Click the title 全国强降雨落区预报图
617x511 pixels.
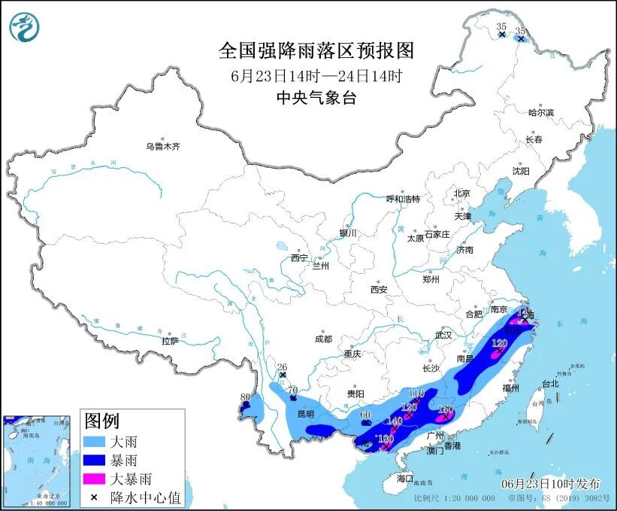[x=316, y=50]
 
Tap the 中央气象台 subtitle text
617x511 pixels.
[x=316, y=98]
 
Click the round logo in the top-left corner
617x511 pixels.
[x=24, y=27]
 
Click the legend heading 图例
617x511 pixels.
[x=101, y=420]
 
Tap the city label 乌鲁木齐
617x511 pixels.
[x=163, y=146]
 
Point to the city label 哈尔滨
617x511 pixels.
[x=540, y=112]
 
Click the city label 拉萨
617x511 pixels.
[x=170, y=341]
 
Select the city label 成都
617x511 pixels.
[x=323, y=339]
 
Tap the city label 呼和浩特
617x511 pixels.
[x=403, y=199]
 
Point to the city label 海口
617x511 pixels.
[x=405, y=478]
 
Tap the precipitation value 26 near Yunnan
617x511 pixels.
[x=283, y=367]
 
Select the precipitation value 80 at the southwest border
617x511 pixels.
[x=245, y=397]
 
